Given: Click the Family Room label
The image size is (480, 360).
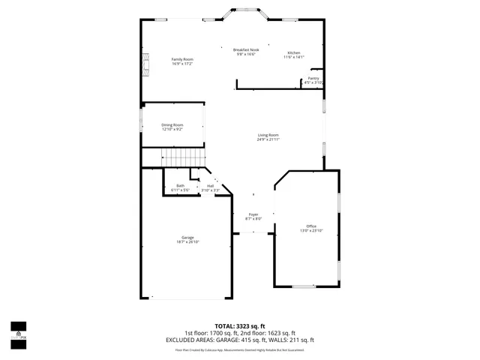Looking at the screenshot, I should (182, 58).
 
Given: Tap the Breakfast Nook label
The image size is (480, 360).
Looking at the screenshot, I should (246, 49).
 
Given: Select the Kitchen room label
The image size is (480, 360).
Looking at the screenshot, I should (294, 52).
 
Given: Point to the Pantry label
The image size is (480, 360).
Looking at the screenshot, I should (313, 78).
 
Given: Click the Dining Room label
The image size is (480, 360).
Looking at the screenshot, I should (172, 124).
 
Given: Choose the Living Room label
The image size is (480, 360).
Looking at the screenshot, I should (268, 135).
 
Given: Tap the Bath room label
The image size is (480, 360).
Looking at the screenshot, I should (180, 186).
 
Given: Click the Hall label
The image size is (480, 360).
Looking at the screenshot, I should (211, 186).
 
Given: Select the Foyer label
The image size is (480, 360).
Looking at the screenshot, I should (254, 214).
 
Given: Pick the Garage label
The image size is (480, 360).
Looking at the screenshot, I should (187, 238).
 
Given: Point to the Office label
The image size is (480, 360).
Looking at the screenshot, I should (311, 226).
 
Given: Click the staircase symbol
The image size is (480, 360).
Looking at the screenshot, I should (184, 157).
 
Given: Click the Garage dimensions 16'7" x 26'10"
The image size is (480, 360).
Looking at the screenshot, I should (187, 242).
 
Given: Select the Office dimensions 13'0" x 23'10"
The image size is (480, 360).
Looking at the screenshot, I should (311, 230).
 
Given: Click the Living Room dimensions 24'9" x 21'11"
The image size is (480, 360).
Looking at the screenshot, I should (268, 139).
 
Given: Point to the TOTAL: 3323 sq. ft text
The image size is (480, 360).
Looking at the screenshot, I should (240, 326).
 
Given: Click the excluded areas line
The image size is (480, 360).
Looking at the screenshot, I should (240, 340).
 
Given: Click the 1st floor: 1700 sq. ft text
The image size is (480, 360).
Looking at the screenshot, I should (211, 333).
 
